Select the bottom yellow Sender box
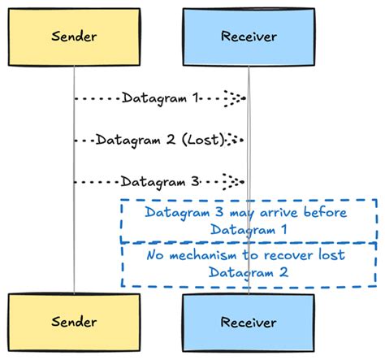74,323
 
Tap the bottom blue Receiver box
249,323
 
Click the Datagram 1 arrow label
160,98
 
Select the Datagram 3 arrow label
160,181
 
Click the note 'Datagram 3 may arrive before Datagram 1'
249,221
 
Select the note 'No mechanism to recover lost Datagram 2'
249,263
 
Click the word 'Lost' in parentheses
203,140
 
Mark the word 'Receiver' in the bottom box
249,323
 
